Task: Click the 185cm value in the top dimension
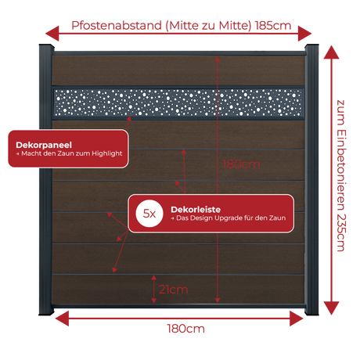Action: pos(273,26)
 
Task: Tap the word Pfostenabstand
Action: pos(117,26)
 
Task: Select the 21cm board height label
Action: pos(174,290)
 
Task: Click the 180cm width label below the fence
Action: pos(185,329)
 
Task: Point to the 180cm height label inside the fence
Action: pos(241,164)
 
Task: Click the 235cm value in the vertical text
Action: pos(340,232)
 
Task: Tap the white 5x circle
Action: pos(149,214)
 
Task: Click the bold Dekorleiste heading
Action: pos(196,210)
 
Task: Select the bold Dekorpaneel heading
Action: pos(44,145)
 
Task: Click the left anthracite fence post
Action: pos(46,180)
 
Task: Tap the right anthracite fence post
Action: pos(311,180)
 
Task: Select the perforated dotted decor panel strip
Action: pos(178,103)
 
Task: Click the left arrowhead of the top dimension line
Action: pos(52,34)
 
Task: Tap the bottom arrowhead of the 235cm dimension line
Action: pos(331,308)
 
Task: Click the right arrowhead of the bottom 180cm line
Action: pos(297,319)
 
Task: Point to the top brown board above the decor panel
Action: pos(178,70)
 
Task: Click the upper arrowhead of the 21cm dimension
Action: pos(154,278)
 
